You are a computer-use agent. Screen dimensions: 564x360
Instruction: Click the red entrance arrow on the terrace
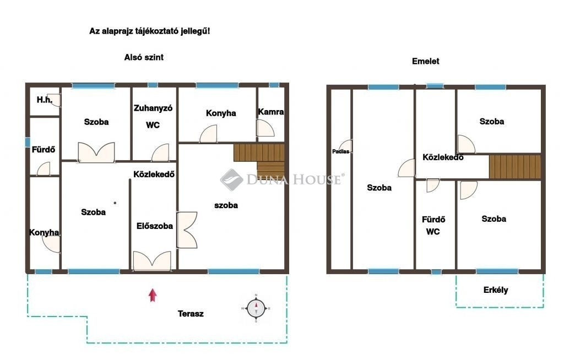[x=153, y=295]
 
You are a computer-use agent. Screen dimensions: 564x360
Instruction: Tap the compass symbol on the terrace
[x=256, y=308]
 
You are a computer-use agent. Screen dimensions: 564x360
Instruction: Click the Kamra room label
[x=271, y=112]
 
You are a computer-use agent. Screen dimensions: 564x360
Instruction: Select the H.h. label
[x=45, y=100]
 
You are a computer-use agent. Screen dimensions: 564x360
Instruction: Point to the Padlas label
[x=340, y=151]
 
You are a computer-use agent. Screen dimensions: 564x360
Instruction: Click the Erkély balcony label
[x=496, y=290]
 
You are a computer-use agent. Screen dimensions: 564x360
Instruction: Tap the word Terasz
[x=191, y=314]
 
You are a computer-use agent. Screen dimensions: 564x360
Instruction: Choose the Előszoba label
[x=155, y=226]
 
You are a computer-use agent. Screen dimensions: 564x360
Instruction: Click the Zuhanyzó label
[x=153, y=108]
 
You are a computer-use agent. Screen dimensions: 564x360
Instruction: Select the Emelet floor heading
[x=426, y=61]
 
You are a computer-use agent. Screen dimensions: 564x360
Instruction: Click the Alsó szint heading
[x=144, y=57]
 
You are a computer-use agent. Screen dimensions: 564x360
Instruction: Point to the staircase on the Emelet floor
[x=515, y=166]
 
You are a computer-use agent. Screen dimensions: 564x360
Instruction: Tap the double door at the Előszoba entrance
[x=152, y=261]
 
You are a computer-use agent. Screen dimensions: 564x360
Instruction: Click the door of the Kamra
[x=265, y=128]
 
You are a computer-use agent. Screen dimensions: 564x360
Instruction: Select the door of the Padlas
[x=345, y=146]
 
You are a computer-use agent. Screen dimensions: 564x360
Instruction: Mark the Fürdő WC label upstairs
[x=433, y=226]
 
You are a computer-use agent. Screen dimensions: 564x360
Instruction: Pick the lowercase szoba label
[x=226, y=205]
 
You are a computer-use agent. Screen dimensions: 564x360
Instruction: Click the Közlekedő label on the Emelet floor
[x=443, y=157]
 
